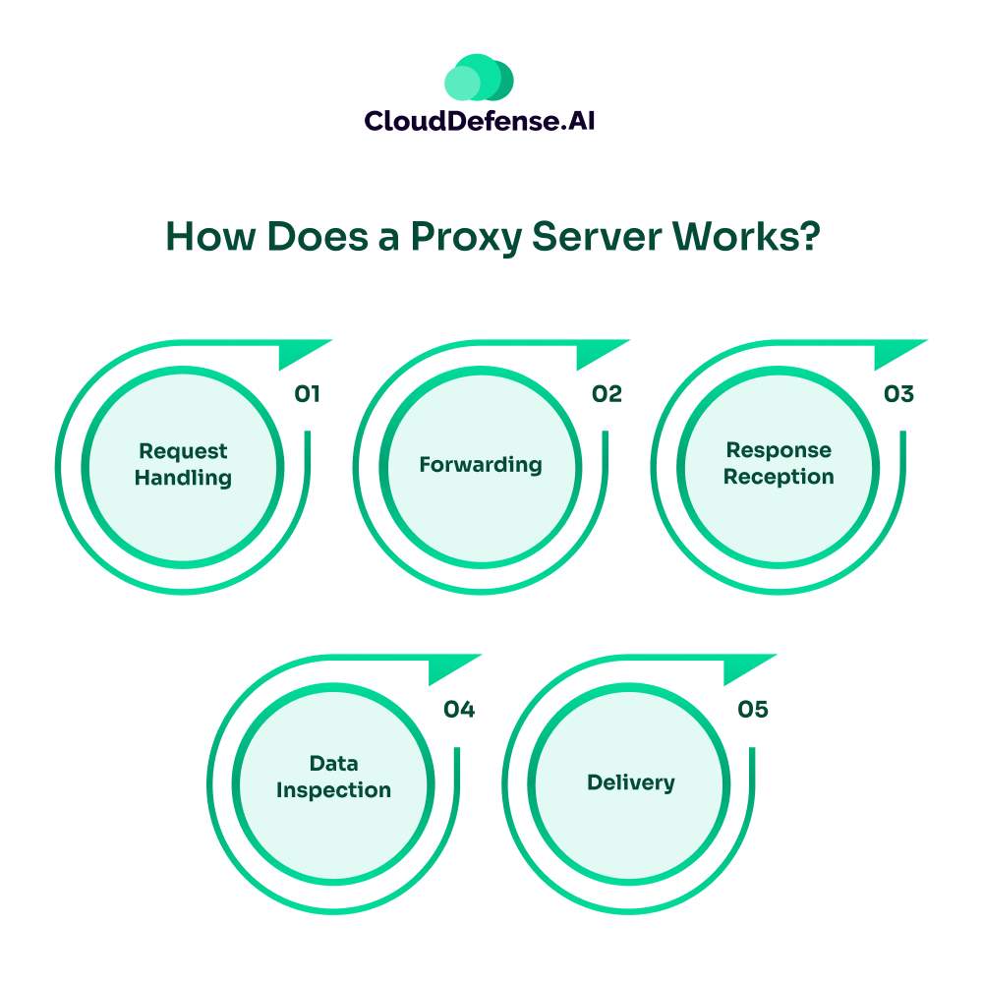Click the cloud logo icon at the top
pos(480,78)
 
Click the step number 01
pos(308,394)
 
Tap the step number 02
pos(607,394)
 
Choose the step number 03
pos(898,394)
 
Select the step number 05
pos(752,709)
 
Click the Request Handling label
pos(183,465)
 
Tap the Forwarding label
pos(481,464)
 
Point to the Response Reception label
pos(779,464)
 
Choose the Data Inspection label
pos(333,777)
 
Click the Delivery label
pos(631,782)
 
